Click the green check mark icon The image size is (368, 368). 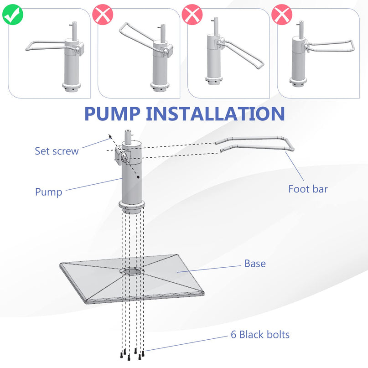coord(13,15)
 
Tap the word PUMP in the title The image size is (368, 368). coord(112,114)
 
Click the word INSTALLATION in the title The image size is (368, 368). coord(215,114)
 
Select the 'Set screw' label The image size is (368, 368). coord(57,151)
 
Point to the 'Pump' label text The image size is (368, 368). coord(49,192)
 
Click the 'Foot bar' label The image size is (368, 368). coord(308,189)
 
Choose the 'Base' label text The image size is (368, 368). coord(255,264)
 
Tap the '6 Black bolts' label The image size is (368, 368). coord(260,334)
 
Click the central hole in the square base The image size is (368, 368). coord(132,271)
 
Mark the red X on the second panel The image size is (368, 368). coord(103,15)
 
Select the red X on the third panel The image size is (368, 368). coord(192,15)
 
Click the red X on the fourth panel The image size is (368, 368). coord(282,15)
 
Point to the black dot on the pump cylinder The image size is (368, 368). coord(138,177)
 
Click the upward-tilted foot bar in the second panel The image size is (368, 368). coord(137,37)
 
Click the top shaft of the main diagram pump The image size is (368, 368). coord(128,137)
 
